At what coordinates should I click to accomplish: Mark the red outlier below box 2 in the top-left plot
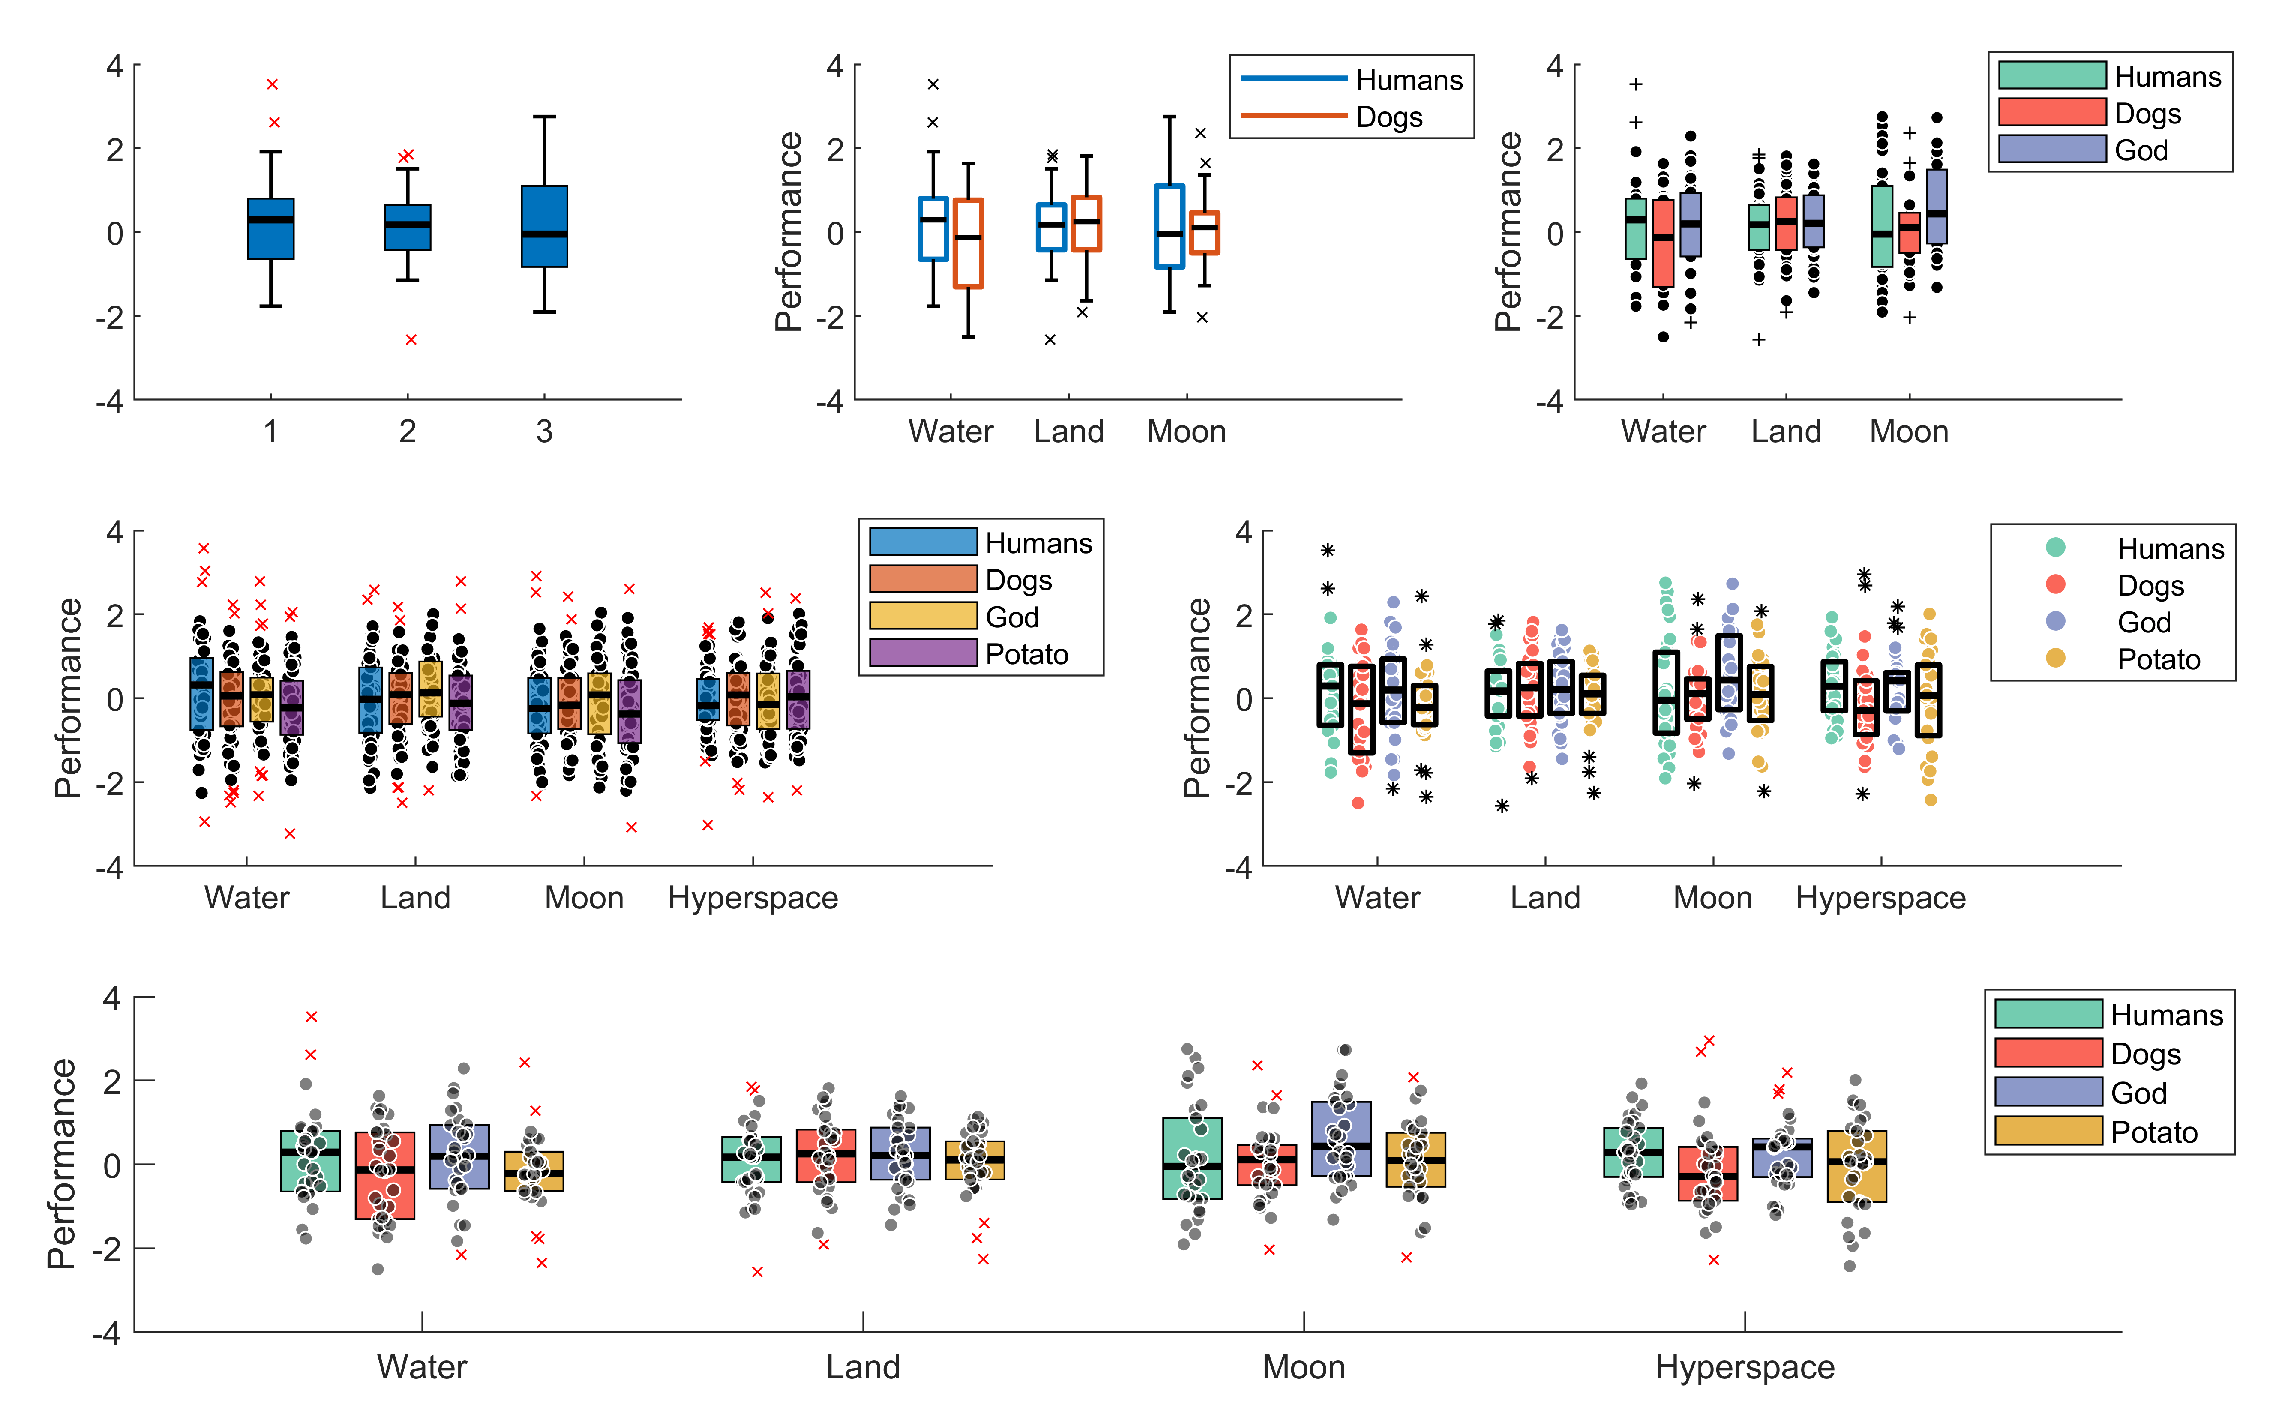(x=411, y=339)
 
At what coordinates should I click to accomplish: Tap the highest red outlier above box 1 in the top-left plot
(x=272, y=84)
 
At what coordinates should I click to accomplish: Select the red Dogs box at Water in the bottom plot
(x=384, y=1175)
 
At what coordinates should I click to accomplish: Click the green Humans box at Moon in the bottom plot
(x=1192, y=1158)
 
